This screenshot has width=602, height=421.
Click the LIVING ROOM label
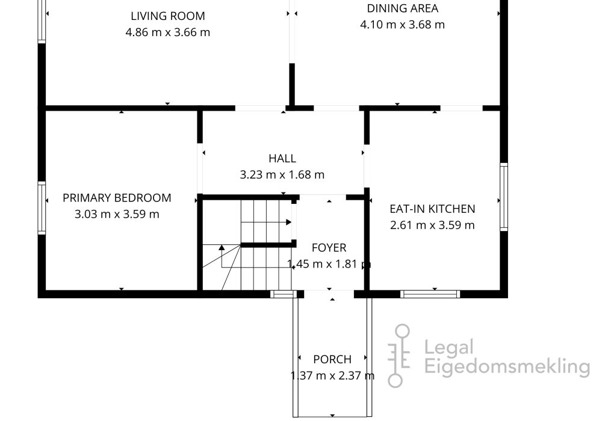point(168,16)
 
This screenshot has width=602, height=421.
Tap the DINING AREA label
point(402,8)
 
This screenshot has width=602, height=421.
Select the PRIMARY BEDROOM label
point(117,198)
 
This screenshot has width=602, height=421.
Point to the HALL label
point(282,158)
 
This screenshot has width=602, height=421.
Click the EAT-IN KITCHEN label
point(432,209)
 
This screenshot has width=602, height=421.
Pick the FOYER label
point(329,248)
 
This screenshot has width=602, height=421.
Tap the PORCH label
point(332,359)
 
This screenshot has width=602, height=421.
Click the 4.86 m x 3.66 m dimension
point(168,32)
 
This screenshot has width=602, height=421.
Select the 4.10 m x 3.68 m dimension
point(402,25)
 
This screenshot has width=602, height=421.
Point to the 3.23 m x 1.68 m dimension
point(282,175)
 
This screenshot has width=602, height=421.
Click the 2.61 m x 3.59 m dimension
point(432,225)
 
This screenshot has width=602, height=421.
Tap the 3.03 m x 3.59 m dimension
point(117,214)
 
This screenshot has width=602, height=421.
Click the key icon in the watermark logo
point(399,356)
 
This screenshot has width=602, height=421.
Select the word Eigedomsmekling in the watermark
point(507,366)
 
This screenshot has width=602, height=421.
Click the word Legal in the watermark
point(449,348)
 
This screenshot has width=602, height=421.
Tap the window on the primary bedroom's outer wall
point(42,208)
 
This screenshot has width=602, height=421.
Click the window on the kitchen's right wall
point(504,197)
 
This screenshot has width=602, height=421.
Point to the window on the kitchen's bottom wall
point(430,294)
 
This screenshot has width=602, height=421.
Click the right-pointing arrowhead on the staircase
point(289,222)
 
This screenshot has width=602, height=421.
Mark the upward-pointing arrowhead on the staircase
point(222,248)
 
